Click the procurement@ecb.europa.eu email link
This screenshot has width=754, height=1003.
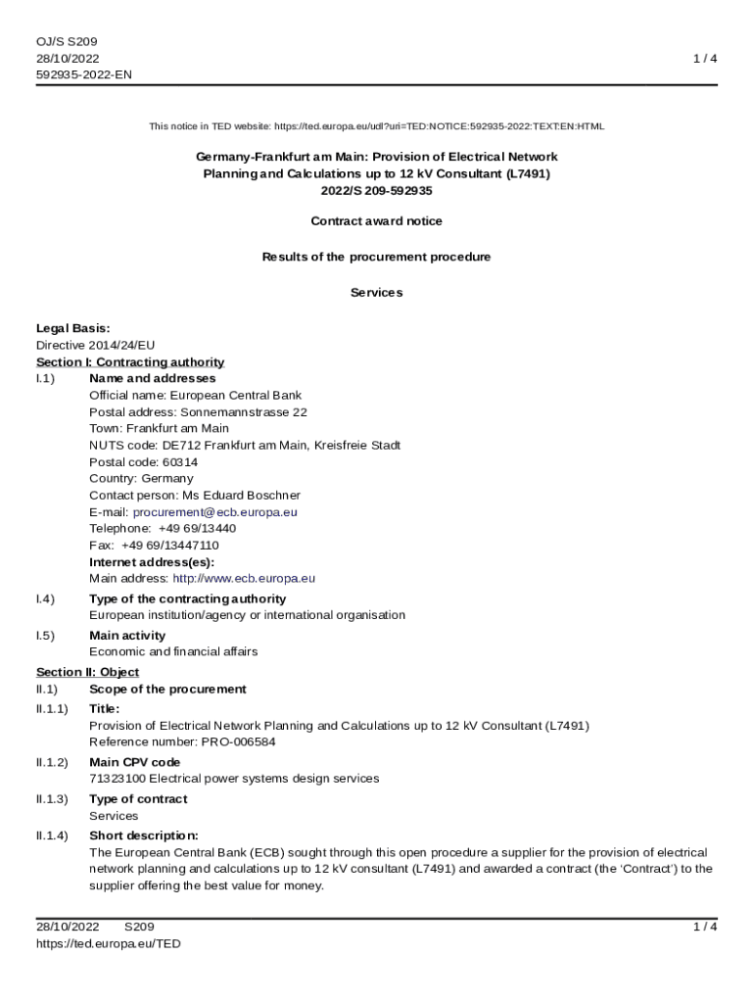(x=215, y=512)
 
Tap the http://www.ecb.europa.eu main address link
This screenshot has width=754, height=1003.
(x=244, y=579)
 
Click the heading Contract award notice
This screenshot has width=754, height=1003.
(x=376, y=221)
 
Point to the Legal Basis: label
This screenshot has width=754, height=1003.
(x=73, y=328)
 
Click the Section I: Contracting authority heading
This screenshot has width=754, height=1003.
(x=130, y=362)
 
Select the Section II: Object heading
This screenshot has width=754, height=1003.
(x=88, y=672)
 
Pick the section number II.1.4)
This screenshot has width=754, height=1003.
(x=52, y=836)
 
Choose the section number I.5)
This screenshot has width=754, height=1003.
(x=45, y=636)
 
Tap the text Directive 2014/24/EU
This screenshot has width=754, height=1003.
(x=96, y=345)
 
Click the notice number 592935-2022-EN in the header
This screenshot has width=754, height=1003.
(x=85, y=75)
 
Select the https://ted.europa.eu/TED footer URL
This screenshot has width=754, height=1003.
(x=109, y=943)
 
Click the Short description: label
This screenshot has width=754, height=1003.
(x=144, y=836)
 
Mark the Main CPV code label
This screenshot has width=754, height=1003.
(x=135, y=762)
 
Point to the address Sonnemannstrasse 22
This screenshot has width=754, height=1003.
(x=244, y=412)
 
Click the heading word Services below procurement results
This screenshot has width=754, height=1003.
(x=376, y=293)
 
